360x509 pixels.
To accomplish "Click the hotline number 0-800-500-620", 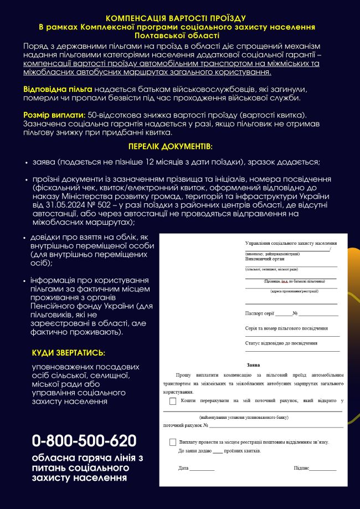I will click(84, 441).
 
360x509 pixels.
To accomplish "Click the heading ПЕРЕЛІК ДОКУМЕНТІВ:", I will click(170, 147).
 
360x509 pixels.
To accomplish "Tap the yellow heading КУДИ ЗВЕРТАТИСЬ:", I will click(68, 353).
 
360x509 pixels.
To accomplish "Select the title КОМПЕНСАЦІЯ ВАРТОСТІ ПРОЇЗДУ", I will click(176, 18).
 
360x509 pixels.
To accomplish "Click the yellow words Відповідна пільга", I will click(58, 89).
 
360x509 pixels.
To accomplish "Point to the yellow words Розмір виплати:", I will click(51, 115).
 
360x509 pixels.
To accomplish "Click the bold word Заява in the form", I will click(253, 365).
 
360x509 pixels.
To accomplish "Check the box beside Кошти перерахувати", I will click(173, 400).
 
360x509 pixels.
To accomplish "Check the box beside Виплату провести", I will click(173, 442).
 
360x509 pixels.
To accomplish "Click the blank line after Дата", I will click(202, 469).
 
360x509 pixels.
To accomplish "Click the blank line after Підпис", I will click(323, 469).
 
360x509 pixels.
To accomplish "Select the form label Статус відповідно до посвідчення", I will click(281, 343).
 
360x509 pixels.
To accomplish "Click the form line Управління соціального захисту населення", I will click(291, 243).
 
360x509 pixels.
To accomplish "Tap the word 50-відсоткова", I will click(107, 115).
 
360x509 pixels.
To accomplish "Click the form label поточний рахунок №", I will click(186, 425).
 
